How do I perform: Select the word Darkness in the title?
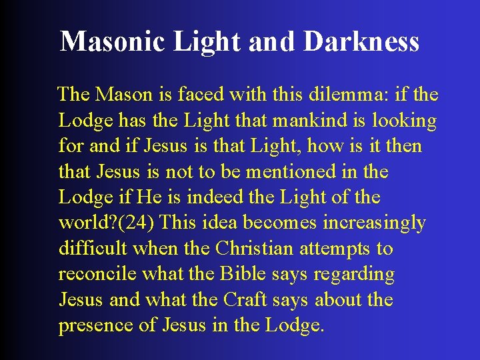click(361, 41)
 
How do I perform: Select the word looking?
click(405, 121)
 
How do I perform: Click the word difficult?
click(93, 249)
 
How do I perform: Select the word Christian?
click(254, 249)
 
